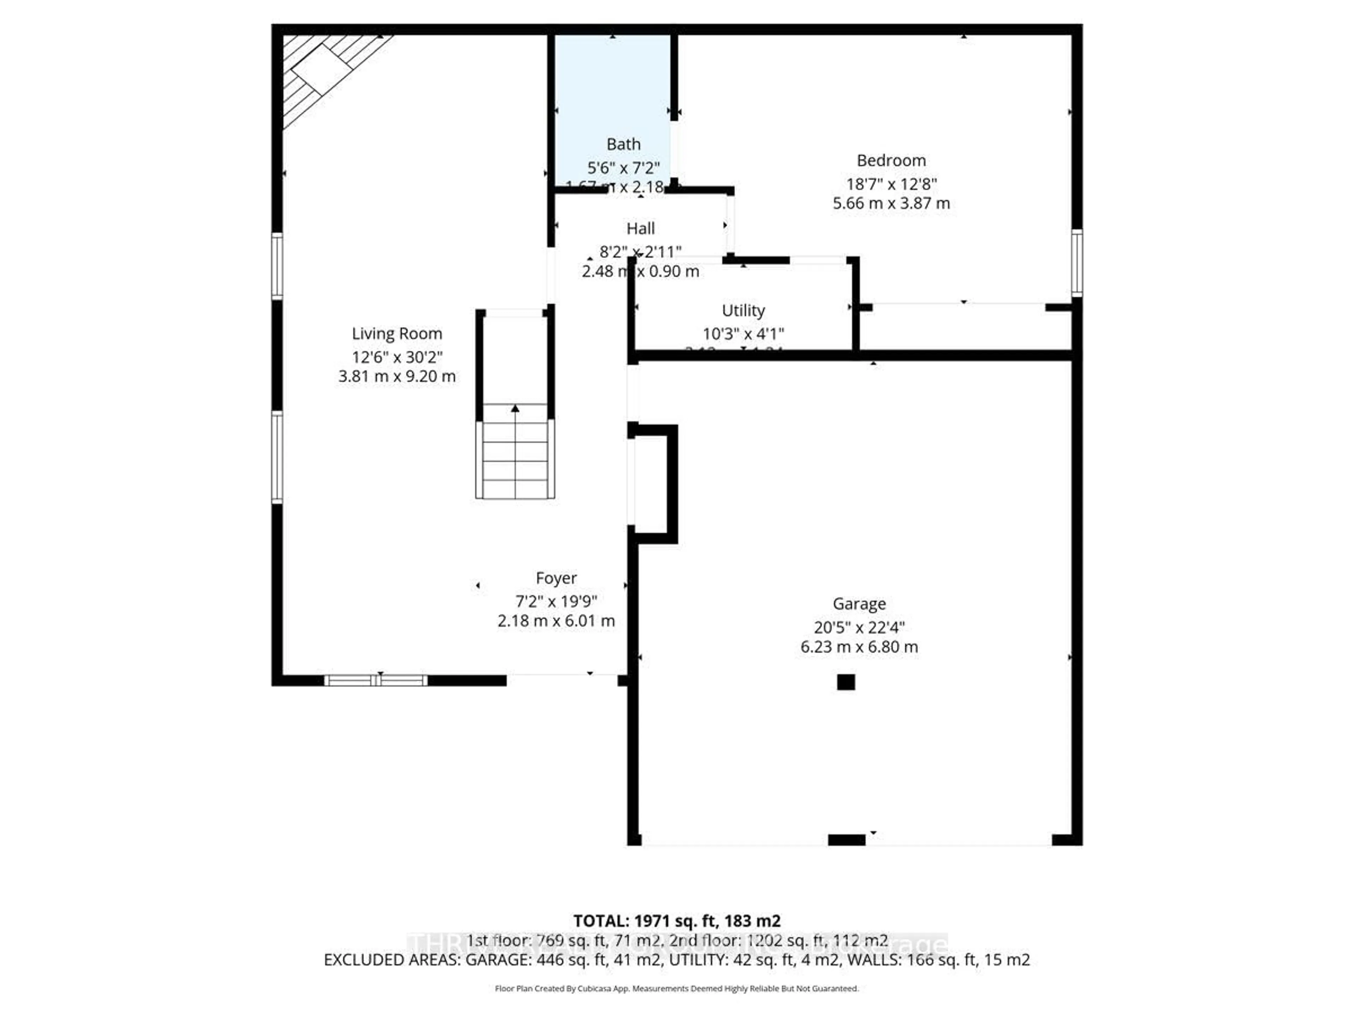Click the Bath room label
pyautogui.click(x=623, y=145)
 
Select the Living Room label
pyautogui.click(x=397, y=334)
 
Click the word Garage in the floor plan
pyautogui.click(x=859, y=604)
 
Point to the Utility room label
pyautogui.click(x=743, y=310)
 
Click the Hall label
pyautogui.click(x=640, y=229)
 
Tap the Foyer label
pyautogui.click(x=556, y=578)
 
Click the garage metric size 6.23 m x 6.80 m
pyautogui.click(x=859, y=647)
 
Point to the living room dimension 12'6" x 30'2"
pyautogui.click(x=397, y=357)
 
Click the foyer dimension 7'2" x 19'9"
pyautogui.click(x=556, y=601)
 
